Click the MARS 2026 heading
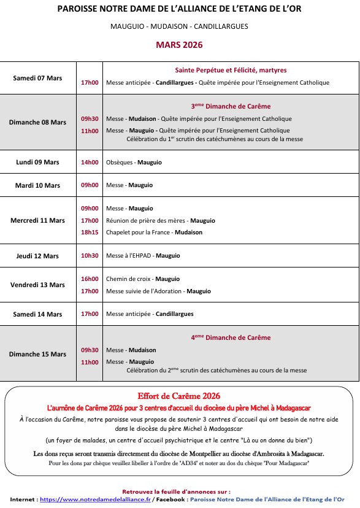pos(179,45)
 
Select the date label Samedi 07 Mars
pos(37,78)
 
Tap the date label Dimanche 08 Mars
pos(37,122)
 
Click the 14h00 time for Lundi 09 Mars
pos(90,163)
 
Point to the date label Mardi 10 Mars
pos(37,185)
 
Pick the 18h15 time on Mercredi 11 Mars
pos(90,233)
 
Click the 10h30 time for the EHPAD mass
pos(90,256)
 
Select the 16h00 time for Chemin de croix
pos(90,279)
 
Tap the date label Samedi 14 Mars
pos(37,314)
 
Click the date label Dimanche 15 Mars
pos(37,354)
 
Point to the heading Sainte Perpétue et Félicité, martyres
pos(231,71)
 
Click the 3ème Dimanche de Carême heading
pos(231,106)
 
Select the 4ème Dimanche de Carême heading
pos(231,337)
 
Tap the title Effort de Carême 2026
pos(179,396)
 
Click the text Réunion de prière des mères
pos(146,221)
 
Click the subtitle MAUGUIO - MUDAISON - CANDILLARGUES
pos(179,26)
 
